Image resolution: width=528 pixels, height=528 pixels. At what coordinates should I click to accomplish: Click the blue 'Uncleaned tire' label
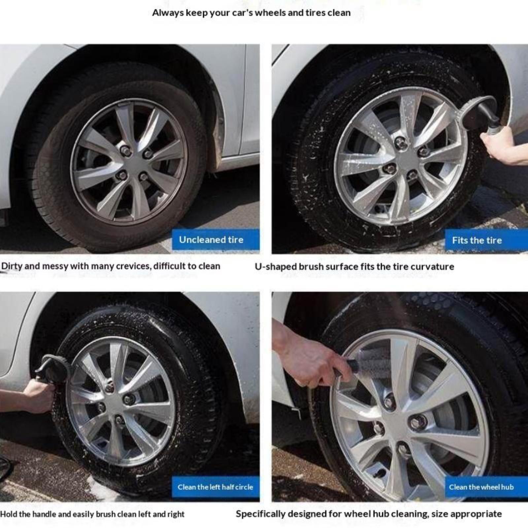pyautogui.click(x=215, y=240)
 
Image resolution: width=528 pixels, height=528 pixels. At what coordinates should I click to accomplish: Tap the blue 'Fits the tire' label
pyautogui.click(x=486, y=240)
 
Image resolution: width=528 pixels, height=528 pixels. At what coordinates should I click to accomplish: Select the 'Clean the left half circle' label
pyautogui.click(x=215, y=487)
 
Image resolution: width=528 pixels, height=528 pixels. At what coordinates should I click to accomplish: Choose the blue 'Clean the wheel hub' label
pyautogui.click(x=486, y=487)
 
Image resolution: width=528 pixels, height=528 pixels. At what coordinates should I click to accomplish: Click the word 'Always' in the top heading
pyautogui.click(x=168, y=13)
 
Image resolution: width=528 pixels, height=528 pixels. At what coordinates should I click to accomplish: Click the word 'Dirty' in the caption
pyautogui.click(x=12, y=266)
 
